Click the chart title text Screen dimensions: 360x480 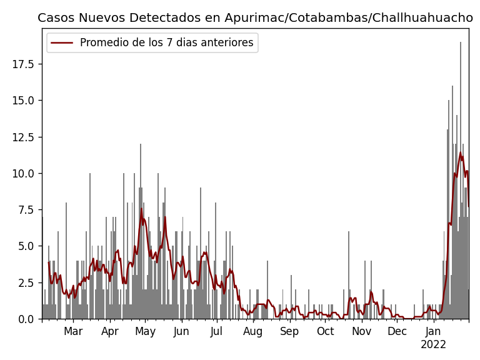[255, 17]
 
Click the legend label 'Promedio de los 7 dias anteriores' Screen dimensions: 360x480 [166, 43]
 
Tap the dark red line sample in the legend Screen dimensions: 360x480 [62, 43]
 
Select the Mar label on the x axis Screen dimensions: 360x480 [73, 332]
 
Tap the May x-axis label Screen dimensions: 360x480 [146, 332]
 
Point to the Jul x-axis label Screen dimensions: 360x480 [216, 332]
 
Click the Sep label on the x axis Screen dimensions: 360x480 [289, 332]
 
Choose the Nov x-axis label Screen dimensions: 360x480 [361, 332]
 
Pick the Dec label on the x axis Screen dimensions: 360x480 [397, 332]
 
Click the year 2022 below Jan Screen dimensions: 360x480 [433, 345]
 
